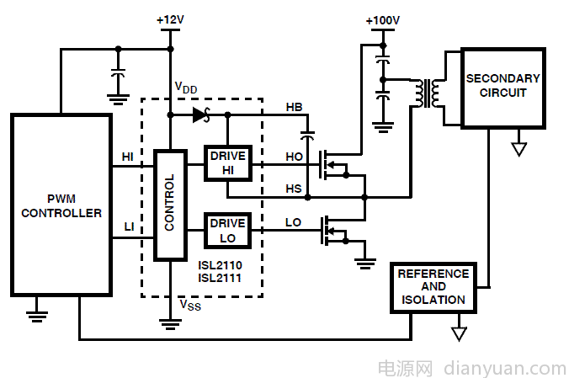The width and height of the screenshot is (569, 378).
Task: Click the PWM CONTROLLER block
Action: [61, 205]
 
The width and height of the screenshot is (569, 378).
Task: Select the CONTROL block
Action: [170, 204]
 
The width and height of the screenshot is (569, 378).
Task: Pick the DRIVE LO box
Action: [227, 230]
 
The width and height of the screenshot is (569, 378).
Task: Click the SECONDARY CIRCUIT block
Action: [503, 86]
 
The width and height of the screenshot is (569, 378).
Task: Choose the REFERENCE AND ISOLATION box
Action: [433, 287]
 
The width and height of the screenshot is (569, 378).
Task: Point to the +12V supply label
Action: [170, 19]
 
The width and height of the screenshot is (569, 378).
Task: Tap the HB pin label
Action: [295, 108]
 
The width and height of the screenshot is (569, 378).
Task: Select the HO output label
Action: [294, 157]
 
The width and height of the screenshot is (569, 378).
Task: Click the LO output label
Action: [293, 222]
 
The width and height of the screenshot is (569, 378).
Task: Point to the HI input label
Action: [128, 157]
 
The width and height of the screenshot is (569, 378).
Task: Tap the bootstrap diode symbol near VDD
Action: [200, 115]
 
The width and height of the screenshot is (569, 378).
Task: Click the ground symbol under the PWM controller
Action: [36, 316]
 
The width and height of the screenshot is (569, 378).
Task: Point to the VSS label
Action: [190, 305]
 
